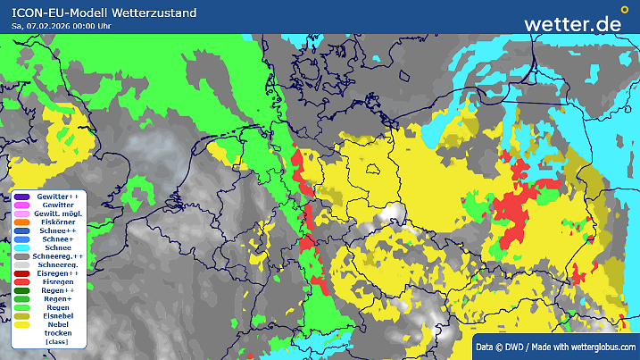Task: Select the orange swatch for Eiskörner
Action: pos(21,223)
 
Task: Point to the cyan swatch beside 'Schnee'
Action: pos(21,248)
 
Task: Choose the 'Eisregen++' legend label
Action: pos(59,273)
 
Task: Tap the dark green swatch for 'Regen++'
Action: pos(21,291)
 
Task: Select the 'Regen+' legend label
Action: pos(59,299)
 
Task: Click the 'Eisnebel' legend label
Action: pos(59,316)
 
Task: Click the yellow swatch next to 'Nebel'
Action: pos(21,325)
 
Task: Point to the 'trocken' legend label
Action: pos(59,333)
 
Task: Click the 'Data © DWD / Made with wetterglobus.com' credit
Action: pos(555,347)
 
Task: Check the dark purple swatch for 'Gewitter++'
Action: pos(21,197)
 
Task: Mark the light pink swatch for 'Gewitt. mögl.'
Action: pos(21,214)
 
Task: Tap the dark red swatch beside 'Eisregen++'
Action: pos(21,273)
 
